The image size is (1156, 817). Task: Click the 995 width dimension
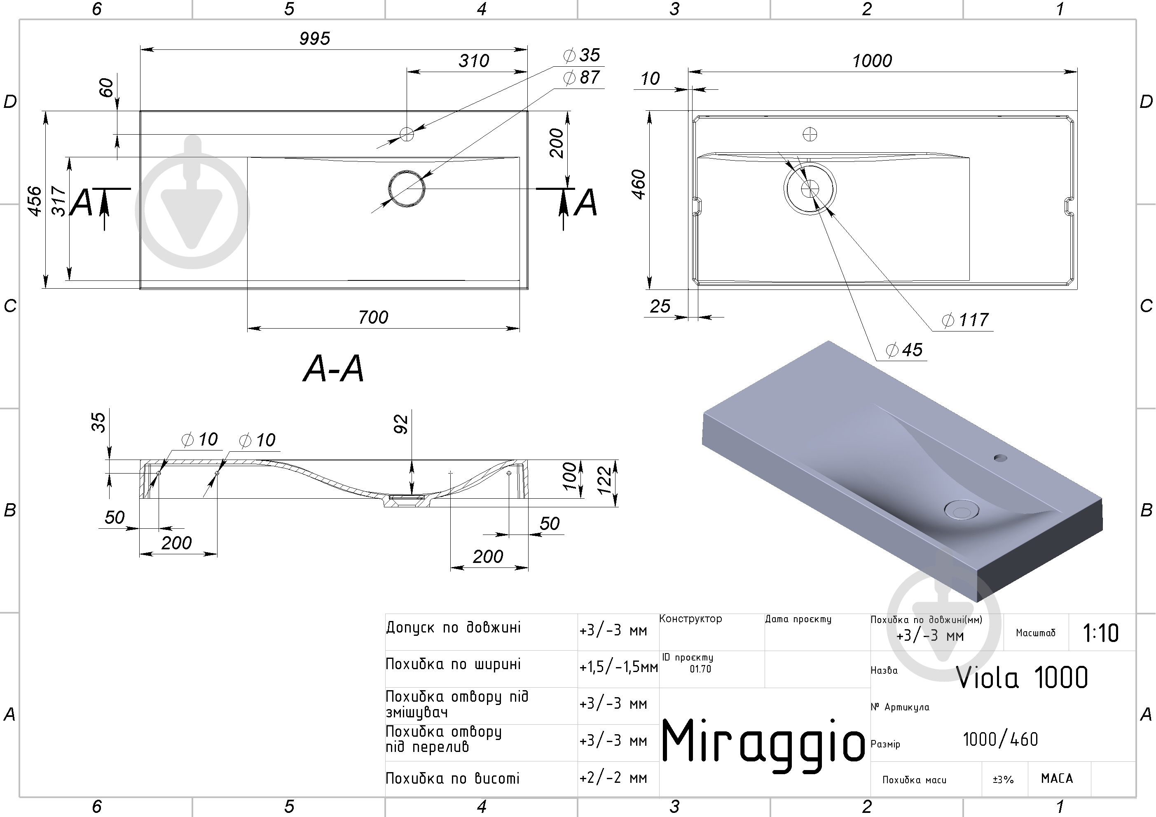click(315, 38)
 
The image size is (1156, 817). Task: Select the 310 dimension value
click(474, 61)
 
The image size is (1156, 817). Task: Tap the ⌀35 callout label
click(582, 55)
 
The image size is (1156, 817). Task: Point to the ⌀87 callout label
click(582, 77)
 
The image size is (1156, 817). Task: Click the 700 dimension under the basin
click(373, 317)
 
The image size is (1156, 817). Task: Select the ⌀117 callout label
click(965, 320)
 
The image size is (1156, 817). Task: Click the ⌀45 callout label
click(904, 350)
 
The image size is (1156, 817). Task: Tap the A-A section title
click(333, 369)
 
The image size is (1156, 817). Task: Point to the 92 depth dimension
click(401, 424)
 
